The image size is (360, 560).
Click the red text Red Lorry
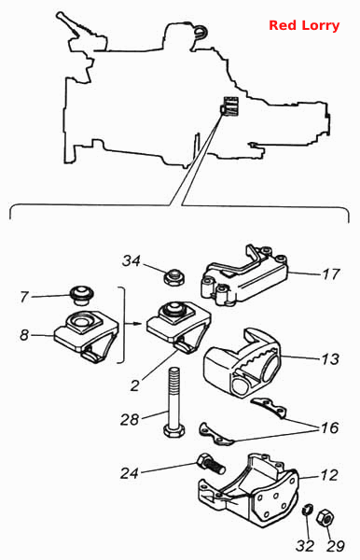point(304,25)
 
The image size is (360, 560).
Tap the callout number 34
point(132,261)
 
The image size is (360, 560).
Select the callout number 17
point(331,274)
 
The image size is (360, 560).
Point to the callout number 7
point(24,297)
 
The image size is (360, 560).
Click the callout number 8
point(24,335)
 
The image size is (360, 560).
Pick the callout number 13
point(330,359)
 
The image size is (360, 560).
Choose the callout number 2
point(134,385)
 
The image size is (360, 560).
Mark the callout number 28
point(129,420)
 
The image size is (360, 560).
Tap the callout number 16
point(329,427)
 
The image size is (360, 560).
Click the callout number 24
point(129,473)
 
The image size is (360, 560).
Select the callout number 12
point(329,475)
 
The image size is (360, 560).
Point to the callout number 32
point(305,546)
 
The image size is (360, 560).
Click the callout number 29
point(336,546)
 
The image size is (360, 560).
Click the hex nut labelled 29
point(325,517)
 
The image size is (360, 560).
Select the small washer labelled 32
point(307,510)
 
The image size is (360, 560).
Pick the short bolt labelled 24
point(211,464)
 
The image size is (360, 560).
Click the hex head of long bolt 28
point(174,431)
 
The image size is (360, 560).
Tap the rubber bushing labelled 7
point(81,295)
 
